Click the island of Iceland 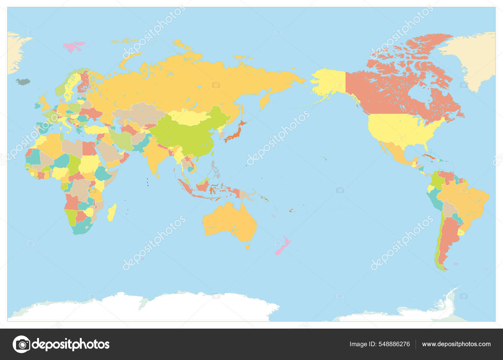(x=23, y=82)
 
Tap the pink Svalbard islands (x=74, y=46)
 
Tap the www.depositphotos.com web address (x=456, y=344)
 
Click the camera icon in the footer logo (x=22, y=344)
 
